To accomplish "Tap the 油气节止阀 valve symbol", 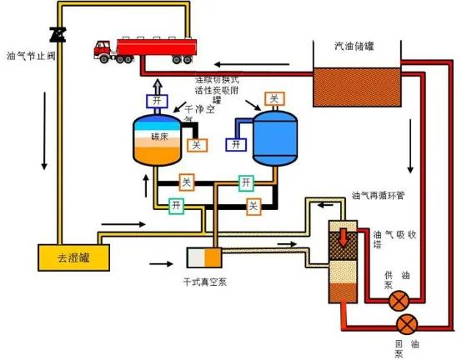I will pos(58,34).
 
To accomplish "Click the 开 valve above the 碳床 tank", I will pos(158,101).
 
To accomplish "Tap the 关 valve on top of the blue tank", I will pos(273,98).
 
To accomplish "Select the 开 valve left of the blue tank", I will pos(237,144).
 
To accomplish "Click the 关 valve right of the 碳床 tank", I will pos(197,145).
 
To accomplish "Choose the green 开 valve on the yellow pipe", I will pos(177,205).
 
